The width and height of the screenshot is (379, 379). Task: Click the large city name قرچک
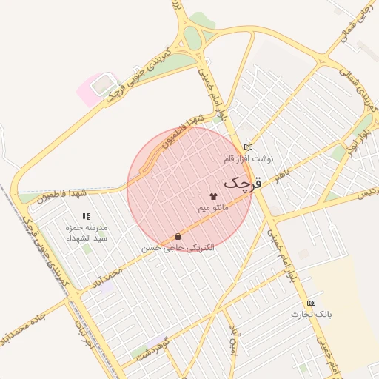tap(242, 181)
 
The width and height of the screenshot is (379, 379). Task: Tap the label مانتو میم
tap(213, 209)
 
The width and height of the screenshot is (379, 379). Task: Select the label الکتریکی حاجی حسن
tap(178, 248)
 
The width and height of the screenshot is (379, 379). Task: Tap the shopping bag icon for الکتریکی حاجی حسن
tap(178, 237)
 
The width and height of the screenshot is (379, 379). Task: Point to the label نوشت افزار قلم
tap(249, 158)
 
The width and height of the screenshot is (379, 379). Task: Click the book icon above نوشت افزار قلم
tap(248, 147)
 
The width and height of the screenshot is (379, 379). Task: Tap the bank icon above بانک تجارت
tap(311, 303)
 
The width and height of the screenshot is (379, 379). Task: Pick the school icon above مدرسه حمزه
tap(86, 216)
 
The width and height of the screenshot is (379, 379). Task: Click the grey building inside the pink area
tap(99, 85)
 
